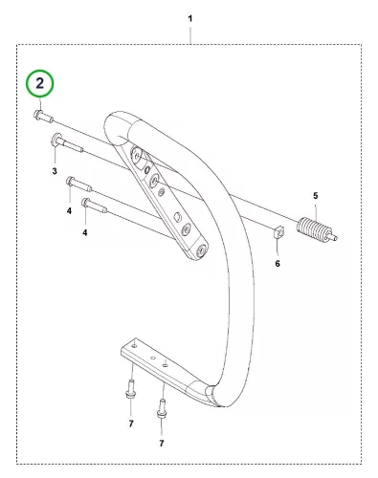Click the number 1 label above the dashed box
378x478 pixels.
point(190,19)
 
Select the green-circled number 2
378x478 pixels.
point(40,83)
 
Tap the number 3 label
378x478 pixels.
point(55,171)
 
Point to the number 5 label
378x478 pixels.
point(316,196)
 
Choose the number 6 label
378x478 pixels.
point(278,264)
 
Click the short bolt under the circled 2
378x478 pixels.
point(43,117)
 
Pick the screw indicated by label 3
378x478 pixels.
point(67,143)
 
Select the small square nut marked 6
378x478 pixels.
point(278,232)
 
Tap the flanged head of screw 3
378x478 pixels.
point(56,140)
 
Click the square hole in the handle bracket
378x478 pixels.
point(177,217)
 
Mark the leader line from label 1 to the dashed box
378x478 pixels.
point(190,36)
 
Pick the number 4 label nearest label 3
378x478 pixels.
point(69,210)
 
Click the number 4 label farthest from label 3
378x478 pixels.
point(85,232)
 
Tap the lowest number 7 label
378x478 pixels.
point(162,444)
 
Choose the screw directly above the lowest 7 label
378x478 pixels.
point(162,409)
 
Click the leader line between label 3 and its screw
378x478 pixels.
point(56,155)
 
